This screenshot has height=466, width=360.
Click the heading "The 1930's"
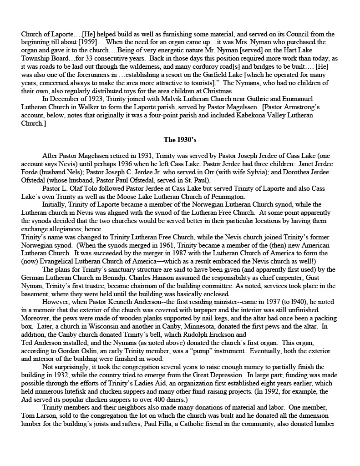(180, 140)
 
